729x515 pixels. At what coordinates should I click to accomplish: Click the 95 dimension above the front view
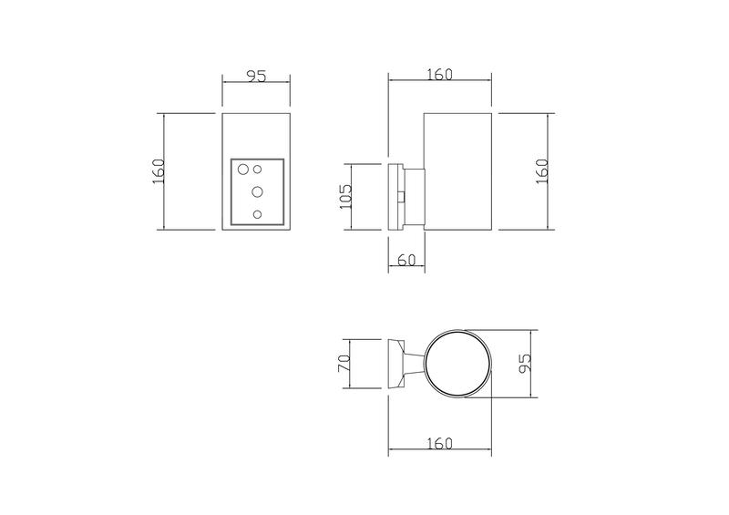pyautogui.click(x=256, y=77)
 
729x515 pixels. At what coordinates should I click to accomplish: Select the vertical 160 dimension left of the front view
pyautogui.click(x=158, y=171)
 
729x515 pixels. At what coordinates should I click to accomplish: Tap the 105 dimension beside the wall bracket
pyautogui.click(x=344, y=195)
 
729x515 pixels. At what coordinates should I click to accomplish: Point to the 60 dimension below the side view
pyautogui.click(x=406, y=261)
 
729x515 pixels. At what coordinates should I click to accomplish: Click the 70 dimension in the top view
pyautogui.click(x=344, y=364)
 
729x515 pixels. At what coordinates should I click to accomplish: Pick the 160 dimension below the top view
pyautogui.click(x=438, y=443)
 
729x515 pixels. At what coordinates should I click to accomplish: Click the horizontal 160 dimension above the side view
pyautogui.click(x=438, y=75)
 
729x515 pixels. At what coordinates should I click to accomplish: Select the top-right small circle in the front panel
pyautogui.click(x=258, y=169)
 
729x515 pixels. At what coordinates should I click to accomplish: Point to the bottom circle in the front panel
pyautogui.click(x=257, y=214)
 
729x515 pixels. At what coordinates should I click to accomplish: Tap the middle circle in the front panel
pyautogui.click(x=257, y=191)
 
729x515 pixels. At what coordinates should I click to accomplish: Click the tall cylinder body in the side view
pyautogui.click(x=458, y=171)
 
